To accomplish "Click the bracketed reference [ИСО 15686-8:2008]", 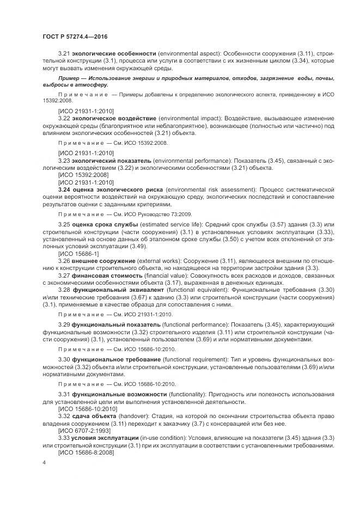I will (84, 452).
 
